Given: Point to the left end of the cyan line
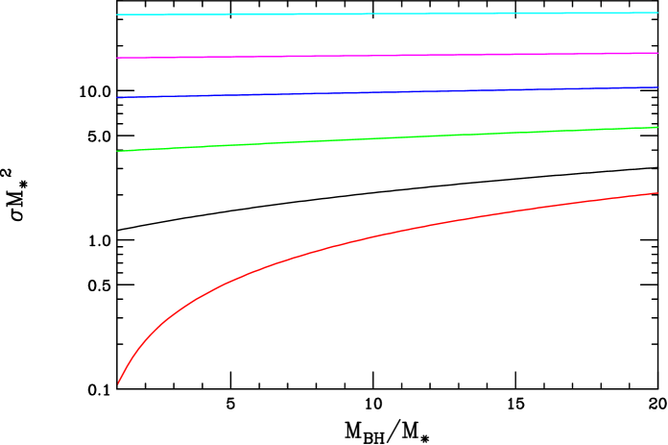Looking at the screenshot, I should coord(117,14).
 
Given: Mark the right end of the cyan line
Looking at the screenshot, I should coord(658,12).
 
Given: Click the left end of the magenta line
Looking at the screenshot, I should coord(117,58).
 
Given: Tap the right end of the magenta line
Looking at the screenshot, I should coord(658,53).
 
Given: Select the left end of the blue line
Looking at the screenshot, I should coord(117,97).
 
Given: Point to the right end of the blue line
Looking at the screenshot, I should coord(658,87).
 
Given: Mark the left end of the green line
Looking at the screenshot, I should coord(117,151).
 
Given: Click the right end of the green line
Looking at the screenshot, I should coord(658,127).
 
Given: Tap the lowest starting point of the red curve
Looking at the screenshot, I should coord(118,383).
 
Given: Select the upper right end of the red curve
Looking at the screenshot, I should coord(658,193).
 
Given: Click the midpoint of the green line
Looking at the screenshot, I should coord(388,138).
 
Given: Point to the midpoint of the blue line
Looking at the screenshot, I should coord(388,92).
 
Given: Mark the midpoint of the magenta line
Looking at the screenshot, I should coord(388,55).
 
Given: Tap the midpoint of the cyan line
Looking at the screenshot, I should coord(388,12).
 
